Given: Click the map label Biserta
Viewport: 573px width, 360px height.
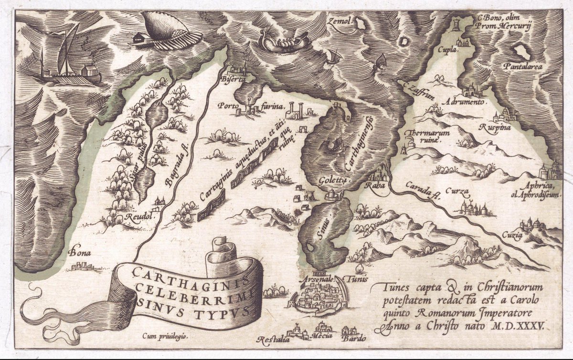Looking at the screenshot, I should coord(232,79).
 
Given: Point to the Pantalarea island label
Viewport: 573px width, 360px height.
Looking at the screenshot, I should coord(522,67).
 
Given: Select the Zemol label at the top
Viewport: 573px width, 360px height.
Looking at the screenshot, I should coord(340,21).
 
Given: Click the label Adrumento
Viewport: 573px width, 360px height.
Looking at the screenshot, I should coord(464,102).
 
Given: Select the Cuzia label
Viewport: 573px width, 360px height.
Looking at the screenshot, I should coord(512,235).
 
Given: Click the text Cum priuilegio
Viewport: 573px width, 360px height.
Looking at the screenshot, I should coord(165,336).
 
